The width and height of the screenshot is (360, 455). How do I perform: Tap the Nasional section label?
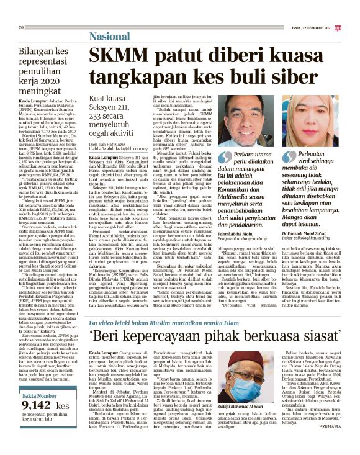[x=112, y=35]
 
